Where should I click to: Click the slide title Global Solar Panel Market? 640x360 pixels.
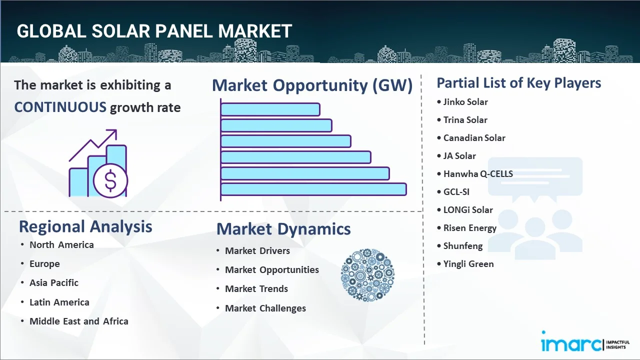[x=154, y=31]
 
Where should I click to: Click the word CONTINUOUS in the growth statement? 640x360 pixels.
[x=60, y=107]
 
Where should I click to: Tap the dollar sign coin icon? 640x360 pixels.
[x=110, y=181]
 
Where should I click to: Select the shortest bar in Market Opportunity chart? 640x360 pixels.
[x=270, y=109]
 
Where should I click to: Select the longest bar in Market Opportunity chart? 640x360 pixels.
[x=313, y=189]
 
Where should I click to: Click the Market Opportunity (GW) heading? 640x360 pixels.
[x=312, y=85]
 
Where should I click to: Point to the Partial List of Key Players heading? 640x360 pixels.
[x=518, y=82]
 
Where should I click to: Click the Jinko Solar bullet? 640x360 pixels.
[x=465, y=102]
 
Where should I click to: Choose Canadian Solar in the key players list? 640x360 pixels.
[x=474, y=138]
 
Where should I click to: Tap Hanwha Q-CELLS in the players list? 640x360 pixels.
[x=478, y=174]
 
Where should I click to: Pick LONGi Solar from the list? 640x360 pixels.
[x=468, y=210]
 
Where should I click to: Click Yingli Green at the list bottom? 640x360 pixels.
[x=468, y=264]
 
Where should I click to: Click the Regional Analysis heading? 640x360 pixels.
[x=85, y=226]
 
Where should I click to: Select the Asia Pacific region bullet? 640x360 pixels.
[x=54, y=283]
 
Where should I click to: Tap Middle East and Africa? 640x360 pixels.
[x=79, y=321]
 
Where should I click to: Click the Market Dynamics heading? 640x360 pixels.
[x=283, y=229]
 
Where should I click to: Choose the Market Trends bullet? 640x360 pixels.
[x=256, y=289]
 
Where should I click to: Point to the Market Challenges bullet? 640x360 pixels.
[x=265, y=308]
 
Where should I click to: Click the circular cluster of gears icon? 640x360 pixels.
[x=367, y=275]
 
